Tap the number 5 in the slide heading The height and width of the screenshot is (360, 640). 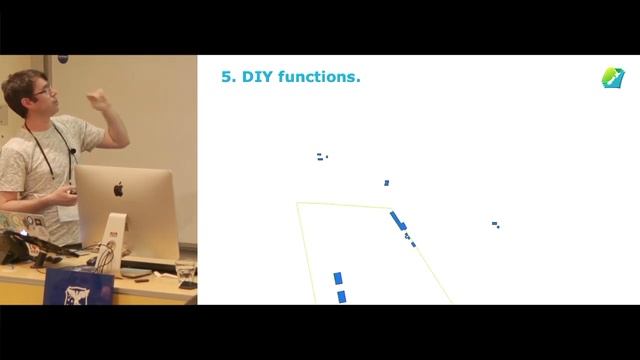point(226,76)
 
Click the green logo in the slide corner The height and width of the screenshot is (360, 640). point(612,77)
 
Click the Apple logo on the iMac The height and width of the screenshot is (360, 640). point(118,189)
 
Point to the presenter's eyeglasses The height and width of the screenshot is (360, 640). point(41,91)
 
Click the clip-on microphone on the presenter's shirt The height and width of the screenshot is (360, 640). point(72,152)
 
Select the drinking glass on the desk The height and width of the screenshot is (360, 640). point(186,272)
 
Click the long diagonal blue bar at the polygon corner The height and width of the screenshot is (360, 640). point(397,220)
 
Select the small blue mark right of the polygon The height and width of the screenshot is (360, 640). point(495,224)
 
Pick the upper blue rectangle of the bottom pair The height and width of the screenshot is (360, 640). point(338,278)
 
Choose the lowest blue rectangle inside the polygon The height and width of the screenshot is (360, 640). point(341,296)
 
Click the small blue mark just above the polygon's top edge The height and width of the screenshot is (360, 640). point(387,183)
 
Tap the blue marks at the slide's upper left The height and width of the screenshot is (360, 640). point(321,156)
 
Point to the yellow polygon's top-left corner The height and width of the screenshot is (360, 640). point(298,204)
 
